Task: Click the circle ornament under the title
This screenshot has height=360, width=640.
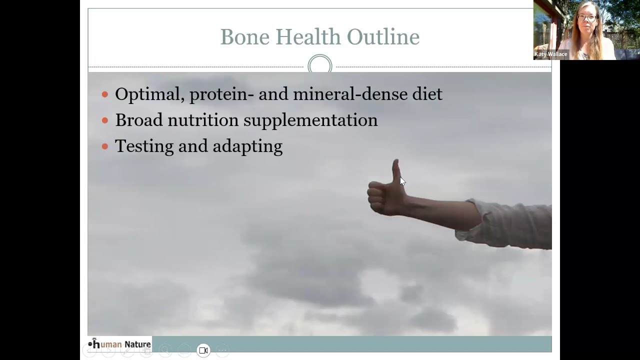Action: pos(320,66)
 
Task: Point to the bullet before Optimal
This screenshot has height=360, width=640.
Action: pos(105,94)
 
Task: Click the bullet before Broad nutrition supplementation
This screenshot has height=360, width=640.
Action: pos(105,120)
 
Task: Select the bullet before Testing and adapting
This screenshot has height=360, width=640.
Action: pos(105,146)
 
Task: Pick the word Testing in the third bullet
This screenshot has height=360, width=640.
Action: pos(143,146)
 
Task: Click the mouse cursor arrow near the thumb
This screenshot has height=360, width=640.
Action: pos(402,181)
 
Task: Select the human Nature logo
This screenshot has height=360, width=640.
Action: pos(119,344)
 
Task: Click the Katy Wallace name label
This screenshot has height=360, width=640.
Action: pos(550,54)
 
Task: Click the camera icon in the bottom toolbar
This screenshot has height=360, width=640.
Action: pos(203,350)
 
